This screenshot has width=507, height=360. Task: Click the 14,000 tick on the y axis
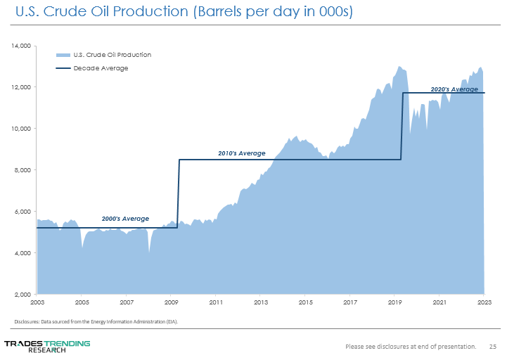click(x=21, y=46)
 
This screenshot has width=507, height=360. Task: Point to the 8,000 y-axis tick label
click(x=23, y=170)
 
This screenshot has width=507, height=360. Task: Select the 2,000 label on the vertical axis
click(x=23, y=295)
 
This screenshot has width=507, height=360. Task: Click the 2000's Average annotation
click(x=125, y=219)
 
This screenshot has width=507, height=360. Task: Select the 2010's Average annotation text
click(x=241, y=153)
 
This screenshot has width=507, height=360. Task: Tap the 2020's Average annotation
click(x=454, y=89)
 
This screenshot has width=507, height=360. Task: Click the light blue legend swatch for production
click(x=63, y=55)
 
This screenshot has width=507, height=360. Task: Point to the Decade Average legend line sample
click(x=63, y=68)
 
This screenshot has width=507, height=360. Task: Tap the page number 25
click(x=492, y=346)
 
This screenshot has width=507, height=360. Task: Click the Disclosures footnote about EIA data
click(x=96, y=322)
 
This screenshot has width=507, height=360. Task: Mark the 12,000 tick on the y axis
click(x=21, y=87)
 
